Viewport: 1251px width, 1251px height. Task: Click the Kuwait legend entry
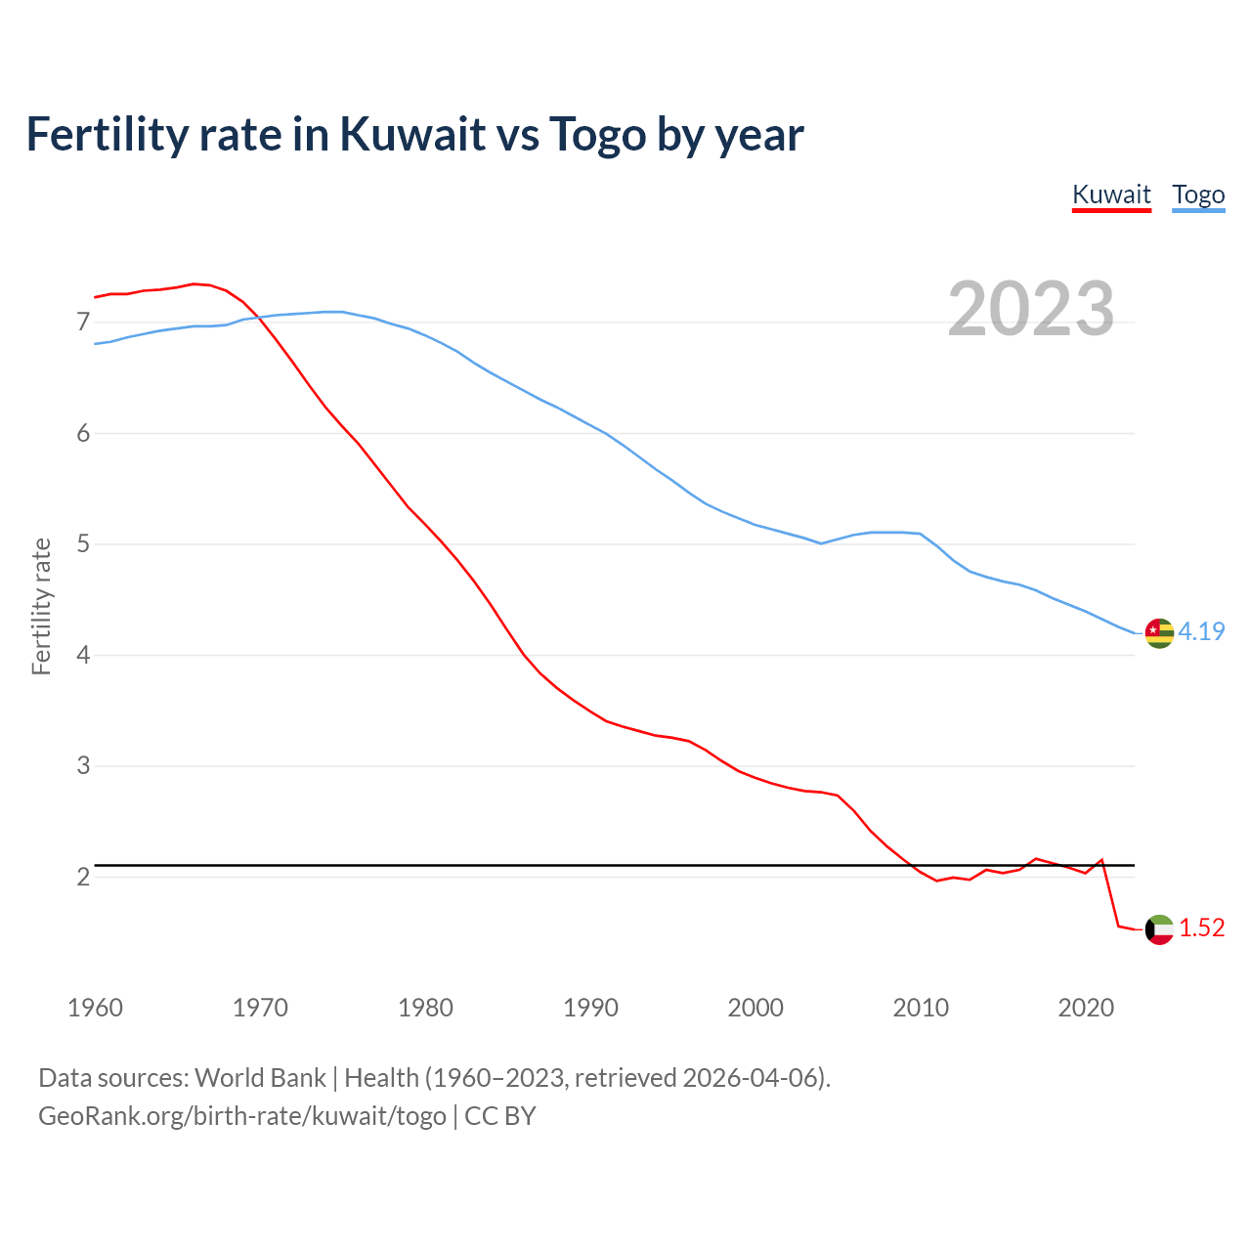click(x=1111, y=194)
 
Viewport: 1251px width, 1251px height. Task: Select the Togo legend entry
click(x=1198, y=194)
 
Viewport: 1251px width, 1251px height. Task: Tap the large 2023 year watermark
click(x=1031, y=309)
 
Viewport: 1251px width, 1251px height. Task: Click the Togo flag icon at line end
click(x=1159, y=633)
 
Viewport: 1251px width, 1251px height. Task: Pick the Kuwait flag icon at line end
click(x=1159, y=929)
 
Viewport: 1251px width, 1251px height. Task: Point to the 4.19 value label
click(x=1201, y=631)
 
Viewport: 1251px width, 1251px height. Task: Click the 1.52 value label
click(x=1201, y=927)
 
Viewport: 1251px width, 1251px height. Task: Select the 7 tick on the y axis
click(x=83, y=323)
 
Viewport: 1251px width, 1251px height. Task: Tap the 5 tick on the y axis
click(x=83, y=544)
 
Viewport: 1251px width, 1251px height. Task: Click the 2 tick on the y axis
click(x=83, y=877)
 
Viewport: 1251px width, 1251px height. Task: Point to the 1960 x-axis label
click(x=95, y=1008)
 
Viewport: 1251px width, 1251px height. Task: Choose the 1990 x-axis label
click(x=590, y=1008)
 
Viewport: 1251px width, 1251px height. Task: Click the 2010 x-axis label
click(x=921, y=1008)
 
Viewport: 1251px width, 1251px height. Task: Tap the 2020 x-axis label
click(x=1086, y=1008)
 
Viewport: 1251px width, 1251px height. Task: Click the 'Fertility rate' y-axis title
click(x=41, y=606)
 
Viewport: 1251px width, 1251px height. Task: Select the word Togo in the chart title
click(x=597, y=134)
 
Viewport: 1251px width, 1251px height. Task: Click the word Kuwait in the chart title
click(x=412, y=134)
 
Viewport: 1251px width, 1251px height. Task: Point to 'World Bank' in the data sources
click(x=260, y=1078)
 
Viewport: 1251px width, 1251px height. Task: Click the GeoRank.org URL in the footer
click(x=242, y=1116)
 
